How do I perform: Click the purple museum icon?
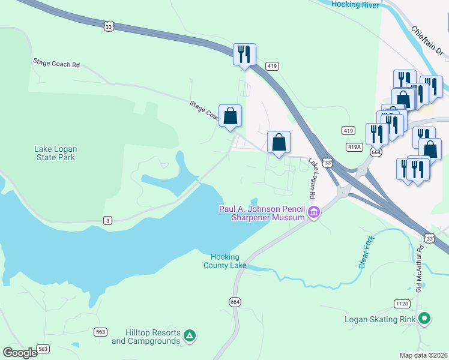pos(313,212)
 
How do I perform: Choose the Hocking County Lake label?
pos(225,261)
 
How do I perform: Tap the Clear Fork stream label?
pos(366,255)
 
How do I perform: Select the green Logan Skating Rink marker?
pos(425,319)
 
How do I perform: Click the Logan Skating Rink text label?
pos(380,319)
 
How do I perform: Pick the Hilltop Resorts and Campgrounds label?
pos(146,337)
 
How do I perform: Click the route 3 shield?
pos(107,221)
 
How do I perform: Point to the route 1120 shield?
pos(402,304)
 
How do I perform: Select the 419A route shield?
pos(354,147)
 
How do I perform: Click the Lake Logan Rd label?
pos(313,179)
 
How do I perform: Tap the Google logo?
pos(20,353)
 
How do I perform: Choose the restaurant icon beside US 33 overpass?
pos(244,55)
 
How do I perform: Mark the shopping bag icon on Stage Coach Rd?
pos(230,116)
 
